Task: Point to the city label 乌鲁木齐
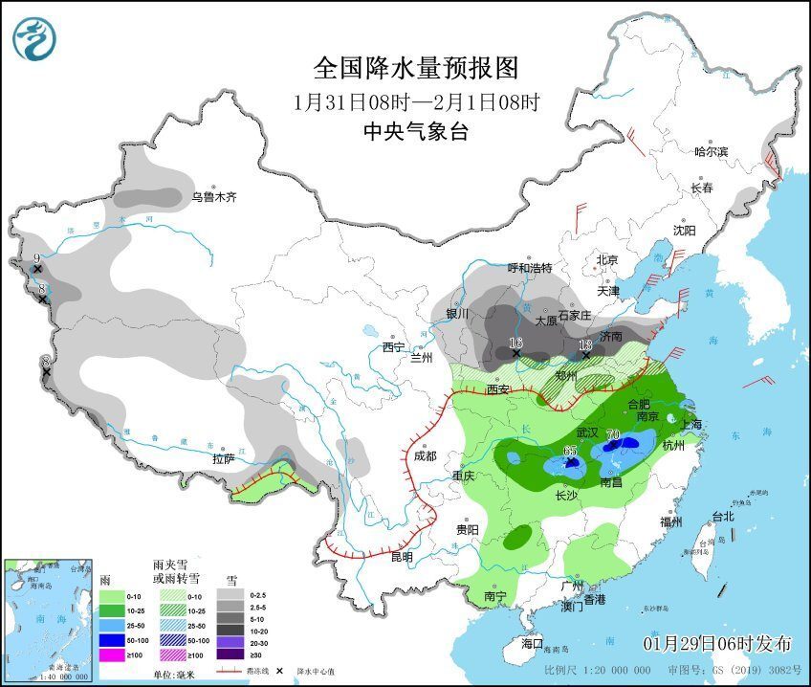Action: point(212,197)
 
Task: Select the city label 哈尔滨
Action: point(711,151)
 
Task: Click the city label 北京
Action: point(608,259)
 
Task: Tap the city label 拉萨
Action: point(224,459)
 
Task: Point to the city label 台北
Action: point(722,517)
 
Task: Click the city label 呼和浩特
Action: point(530,268)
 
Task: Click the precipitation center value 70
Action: point(613,434)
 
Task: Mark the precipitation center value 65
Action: point(571,450)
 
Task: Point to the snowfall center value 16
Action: point(516,343)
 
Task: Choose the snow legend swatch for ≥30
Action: point(230,654)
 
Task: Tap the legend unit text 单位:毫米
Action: point(176,673)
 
